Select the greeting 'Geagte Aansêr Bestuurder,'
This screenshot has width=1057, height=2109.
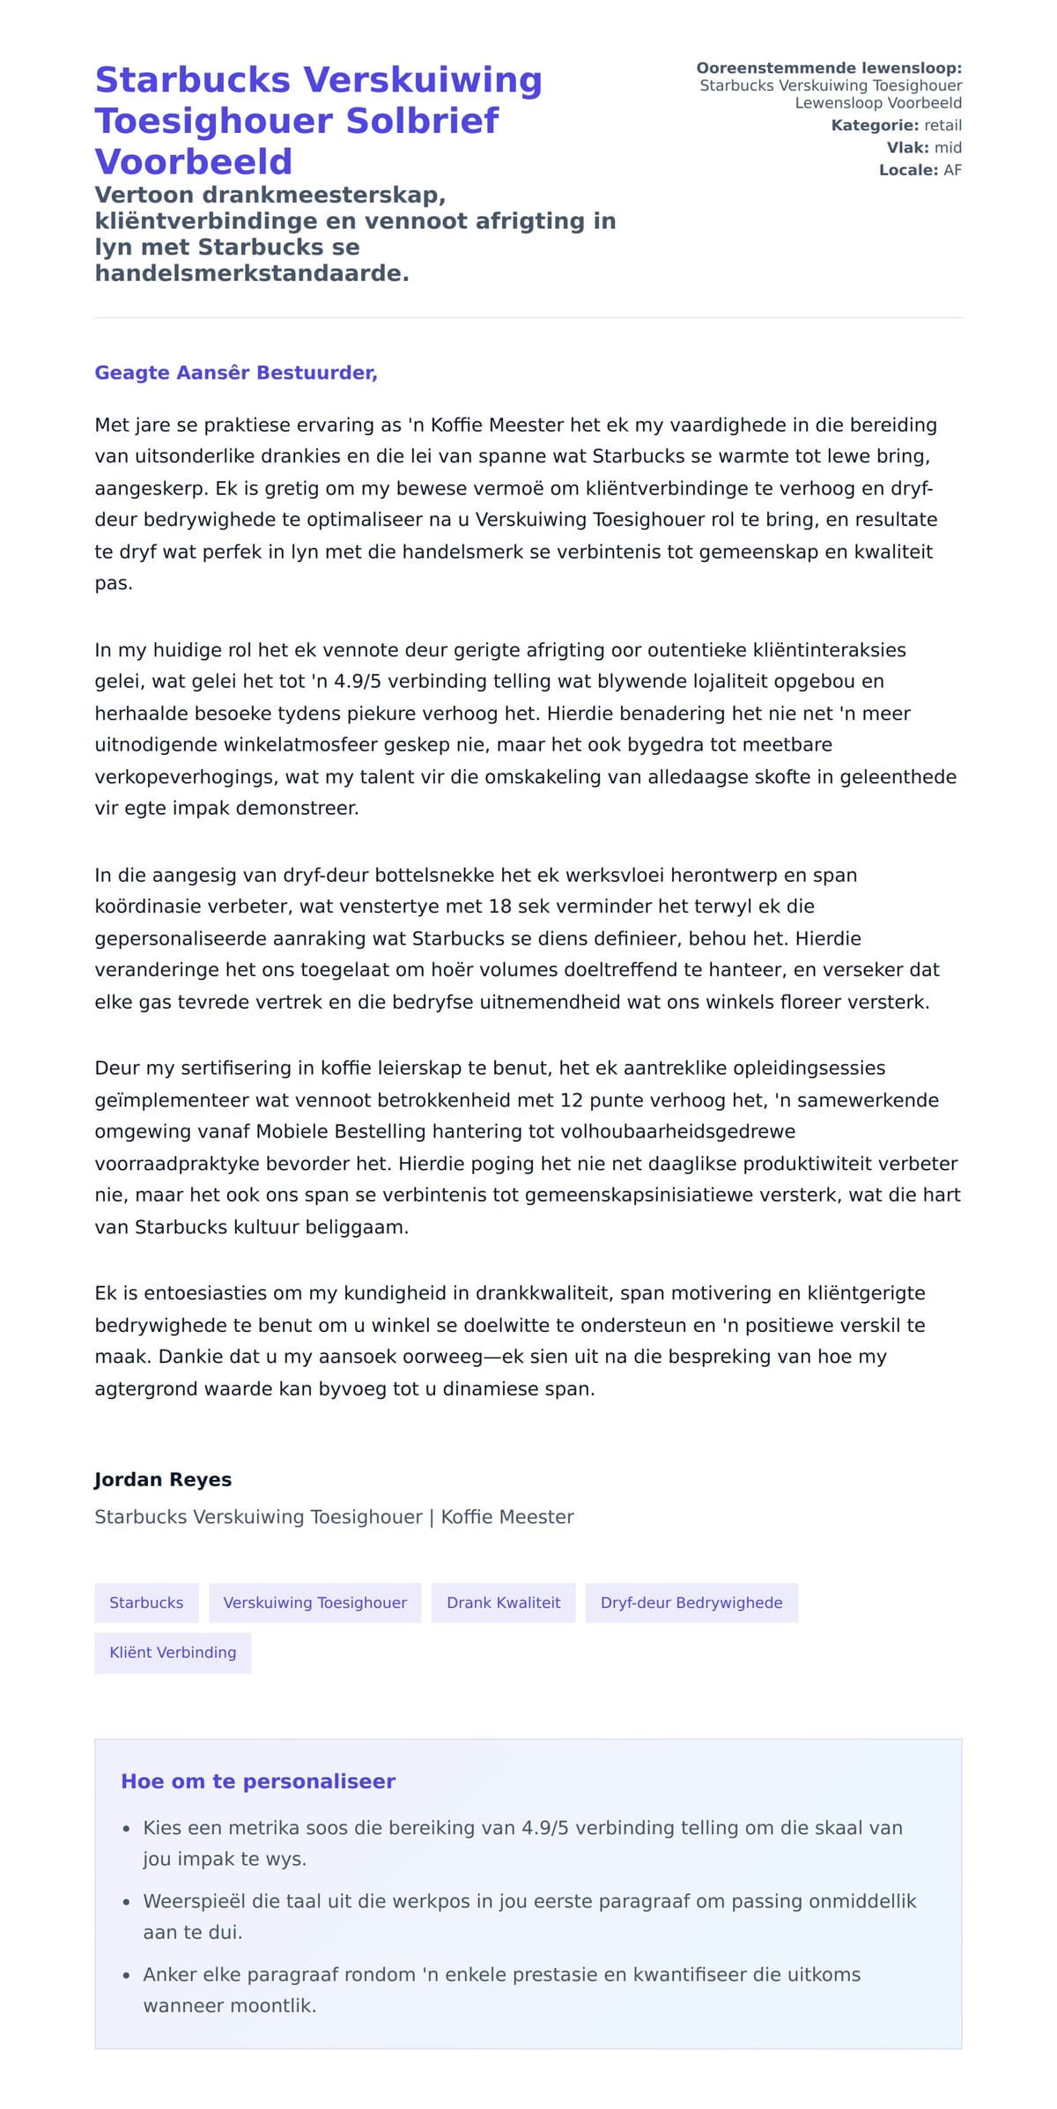[x=236, y=373]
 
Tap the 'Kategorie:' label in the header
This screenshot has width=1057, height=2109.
[x=875, y=126]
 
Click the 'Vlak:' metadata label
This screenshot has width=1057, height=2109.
[x=907, y=148]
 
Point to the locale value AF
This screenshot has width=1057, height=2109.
[x=952, y=170]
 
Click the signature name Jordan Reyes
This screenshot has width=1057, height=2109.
[x=163, y=1480]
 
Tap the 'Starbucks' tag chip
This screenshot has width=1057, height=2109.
[x=146, y=1603]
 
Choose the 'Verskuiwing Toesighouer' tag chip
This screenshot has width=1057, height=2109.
[x=315, y=1603]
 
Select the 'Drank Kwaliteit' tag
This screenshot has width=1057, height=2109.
[x=503, y=1603]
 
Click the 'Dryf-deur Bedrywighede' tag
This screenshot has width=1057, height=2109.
[x=691, y=1603]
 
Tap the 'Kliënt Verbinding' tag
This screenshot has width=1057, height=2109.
[x=173, y=1653]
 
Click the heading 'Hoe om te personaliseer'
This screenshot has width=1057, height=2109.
[x=258, y=1781]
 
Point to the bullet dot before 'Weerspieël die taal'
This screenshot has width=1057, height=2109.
[x=127, y=1903]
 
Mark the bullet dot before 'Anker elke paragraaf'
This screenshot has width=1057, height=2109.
[x=127, y=1976]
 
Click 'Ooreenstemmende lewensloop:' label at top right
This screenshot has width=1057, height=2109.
[x=829, y=69]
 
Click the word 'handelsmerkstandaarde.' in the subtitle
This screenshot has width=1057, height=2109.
[x=252, y=274]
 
